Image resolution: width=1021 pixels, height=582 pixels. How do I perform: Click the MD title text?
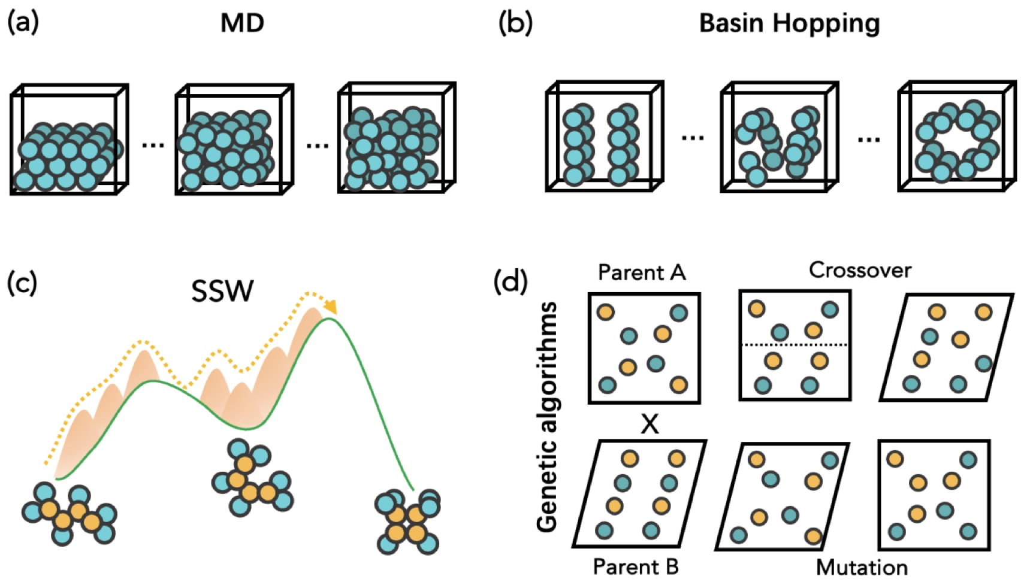click(242, 23)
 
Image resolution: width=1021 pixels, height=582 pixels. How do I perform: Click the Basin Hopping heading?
click(790, 24)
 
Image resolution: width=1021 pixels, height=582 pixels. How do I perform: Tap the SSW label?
click(222, 291)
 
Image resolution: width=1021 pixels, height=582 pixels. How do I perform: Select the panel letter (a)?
click(23, 23)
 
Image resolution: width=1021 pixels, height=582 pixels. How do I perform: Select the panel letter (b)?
click(515, 23)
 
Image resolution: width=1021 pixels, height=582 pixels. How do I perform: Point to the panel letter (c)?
click(22, 283)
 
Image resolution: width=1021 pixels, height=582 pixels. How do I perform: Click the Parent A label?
click(642, 272)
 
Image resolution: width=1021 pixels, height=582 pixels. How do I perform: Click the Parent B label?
click(636, 566)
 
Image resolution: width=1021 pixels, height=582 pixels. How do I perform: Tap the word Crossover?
click(860, 271)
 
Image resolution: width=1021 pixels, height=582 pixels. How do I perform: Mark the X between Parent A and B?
click(650, 425)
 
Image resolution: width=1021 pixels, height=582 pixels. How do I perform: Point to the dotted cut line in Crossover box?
click(795, 345)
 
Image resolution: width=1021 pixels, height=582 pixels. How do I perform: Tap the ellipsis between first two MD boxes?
click(153, 145)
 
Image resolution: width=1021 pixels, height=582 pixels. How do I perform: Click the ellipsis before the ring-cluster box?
click(869, 140)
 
